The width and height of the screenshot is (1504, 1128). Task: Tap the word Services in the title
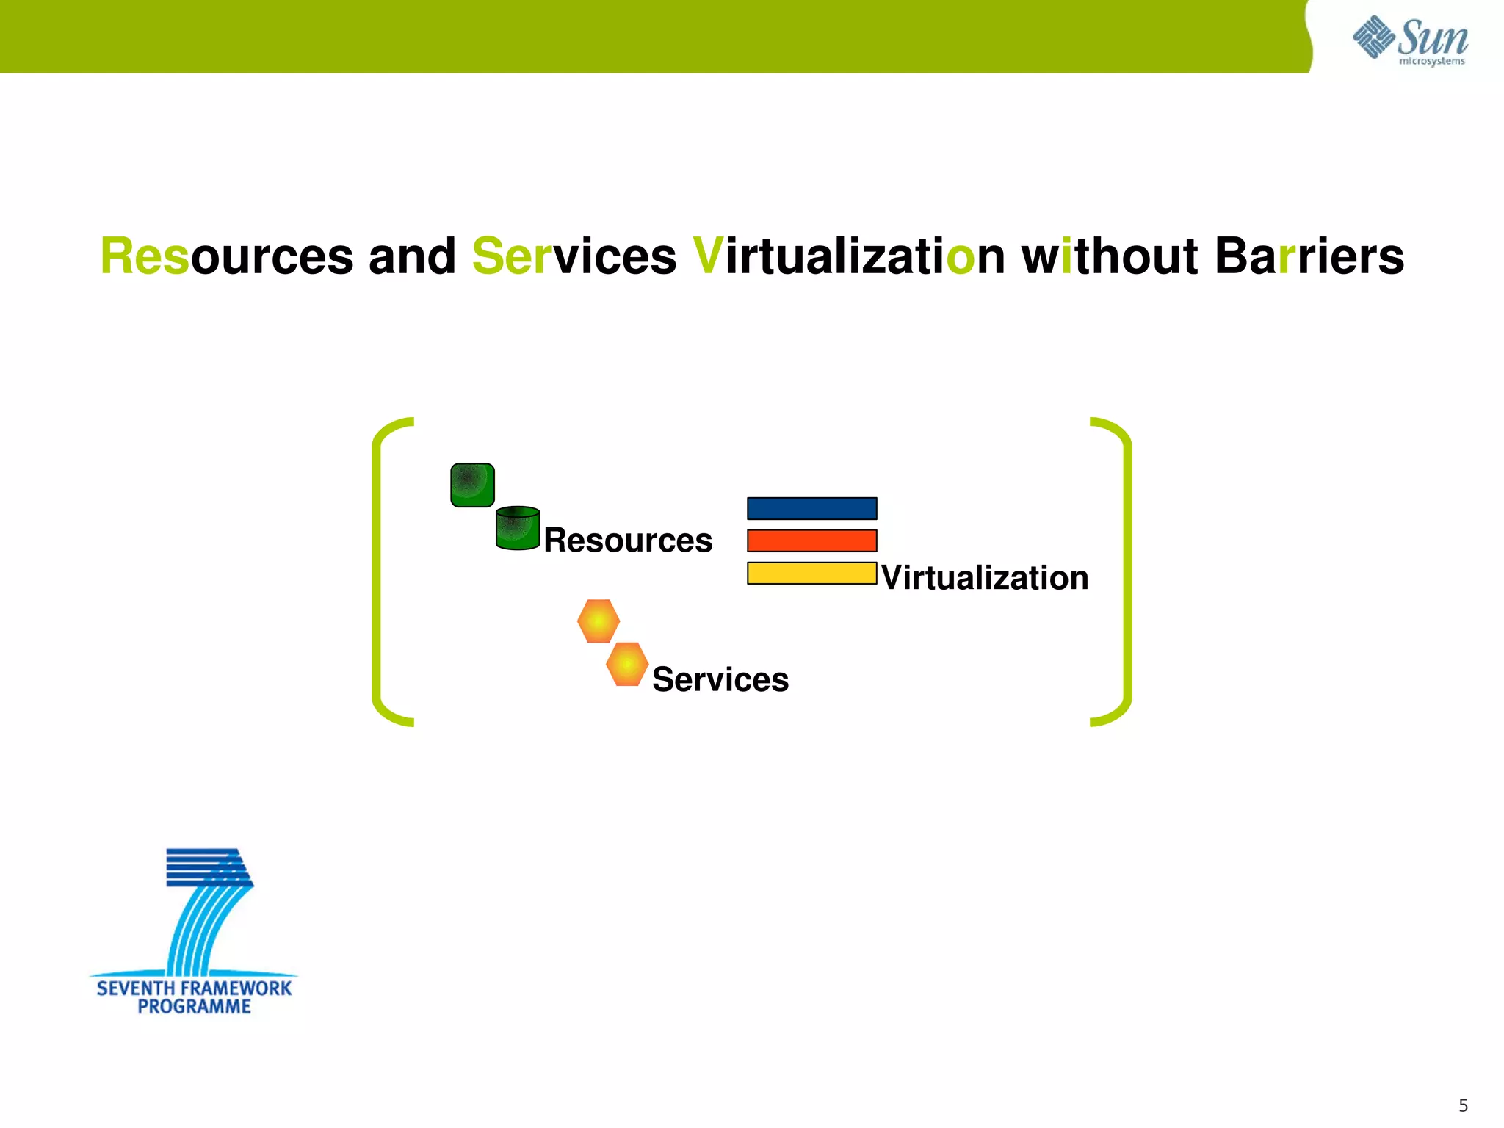[574, 256]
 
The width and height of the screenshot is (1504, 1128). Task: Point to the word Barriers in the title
[1309, 256]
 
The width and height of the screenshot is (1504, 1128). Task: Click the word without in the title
[1110, 256]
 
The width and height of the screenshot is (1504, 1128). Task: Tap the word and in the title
[412, 256]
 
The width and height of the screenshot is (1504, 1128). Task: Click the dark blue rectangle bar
[811, 508]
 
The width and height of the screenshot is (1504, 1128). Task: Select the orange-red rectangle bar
[811, 540]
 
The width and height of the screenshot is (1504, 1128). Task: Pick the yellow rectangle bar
[811, 573]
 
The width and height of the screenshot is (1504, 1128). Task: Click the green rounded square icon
[472, 485]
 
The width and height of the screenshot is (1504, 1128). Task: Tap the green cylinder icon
[518, 528]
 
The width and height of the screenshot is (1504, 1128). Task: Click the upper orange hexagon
[599, 621]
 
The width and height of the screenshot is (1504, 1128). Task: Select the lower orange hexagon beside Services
[627, 664]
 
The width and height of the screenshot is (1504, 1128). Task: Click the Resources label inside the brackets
[628, 540]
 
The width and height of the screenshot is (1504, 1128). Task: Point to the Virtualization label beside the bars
[984, 578]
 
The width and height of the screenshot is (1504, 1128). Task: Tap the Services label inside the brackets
[720, 679]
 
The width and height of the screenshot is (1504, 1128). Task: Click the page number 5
[1463, 1105]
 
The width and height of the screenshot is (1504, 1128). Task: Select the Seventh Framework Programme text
[194, 997]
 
